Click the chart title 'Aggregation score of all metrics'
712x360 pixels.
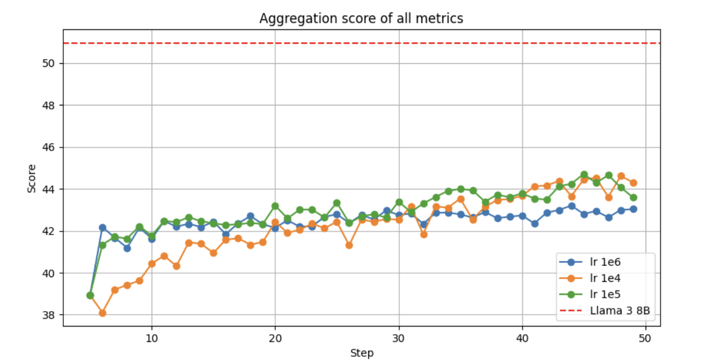click(x=361, y=19)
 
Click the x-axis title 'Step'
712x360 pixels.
click(x=362, y=353)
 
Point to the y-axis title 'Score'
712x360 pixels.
click(x=32, y=178)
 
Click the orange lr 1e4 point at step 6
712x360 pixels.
click(x=102, y=313)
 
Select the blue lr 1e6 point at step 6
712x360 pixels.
click(x=102, y=227)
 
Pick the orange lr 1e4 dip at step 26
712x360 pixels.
click(x=349, y=245)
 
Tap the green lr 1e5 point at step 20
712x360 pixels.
click(x=275, y=206)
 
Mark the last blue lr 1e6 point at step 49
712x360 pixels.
click(x=633, y=209)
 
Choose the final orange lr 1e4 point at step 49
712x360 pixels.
click(x=633, y=183)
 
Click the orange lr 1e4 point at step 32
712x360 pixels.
click(x=424, y=235)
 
